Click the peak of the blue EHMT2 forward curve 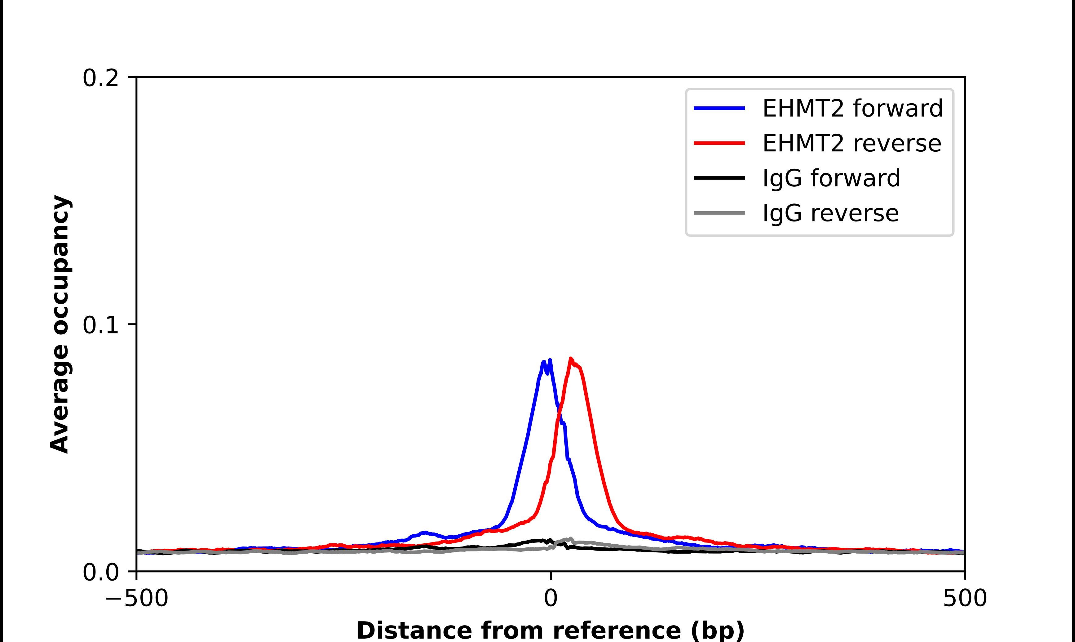[549, 360]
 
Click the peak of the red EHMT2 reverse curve [571, 359]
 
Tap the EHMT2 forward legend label [852, 108]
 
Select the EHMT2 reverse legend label [852, 143]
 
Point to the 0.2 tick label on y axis [100, 78]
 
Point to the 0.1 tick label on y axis [100, 325]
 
